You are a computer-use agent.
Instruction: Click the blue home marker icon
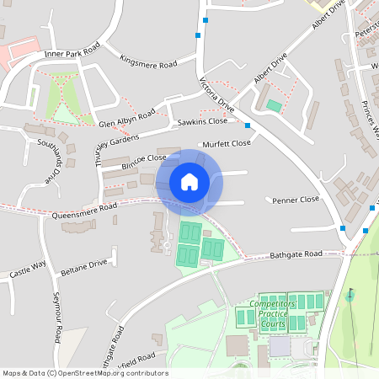tap(189, 182)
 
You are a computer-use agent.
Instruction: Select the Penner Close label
tap(297, 200)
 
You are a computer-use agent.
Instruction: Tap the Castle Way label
tap(27, 270)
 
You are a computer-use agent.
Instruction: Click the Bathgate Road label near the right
tap(296, 254)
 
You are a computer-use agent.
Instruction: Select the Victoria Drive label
tap(216, 93)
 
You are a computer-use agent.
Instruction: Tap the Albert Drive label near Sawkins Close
tap(270, 67)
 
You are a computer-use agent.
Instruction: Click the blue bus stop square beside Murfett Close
tap(248, 125)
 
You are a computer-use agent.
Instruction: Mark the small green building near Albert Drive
tap(274, 106)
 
